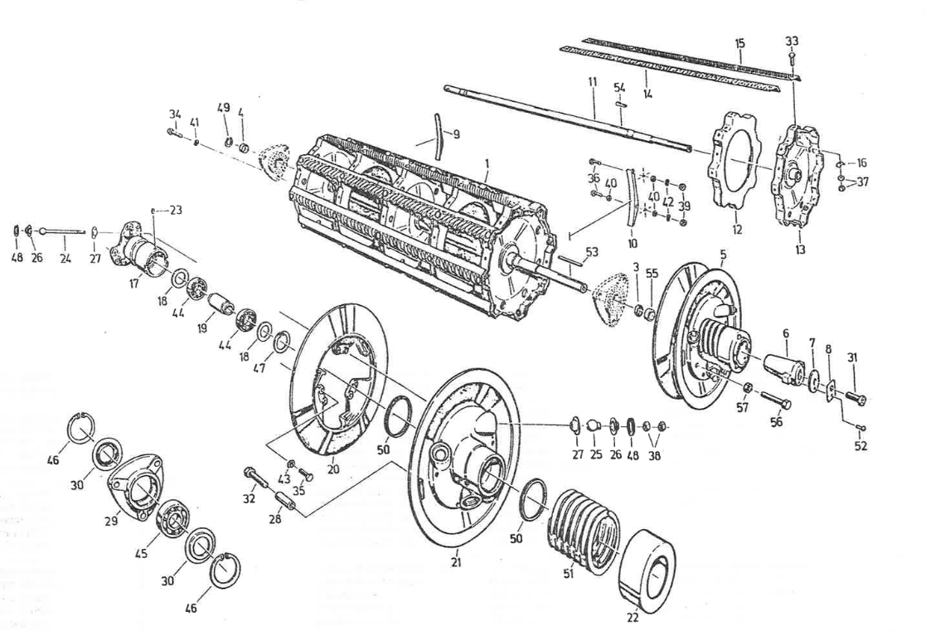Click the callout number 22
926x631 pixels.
[632, 616]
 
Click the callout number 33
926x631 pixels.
[793, 41]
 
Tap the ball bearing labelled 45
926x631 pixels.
[174, 517]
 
